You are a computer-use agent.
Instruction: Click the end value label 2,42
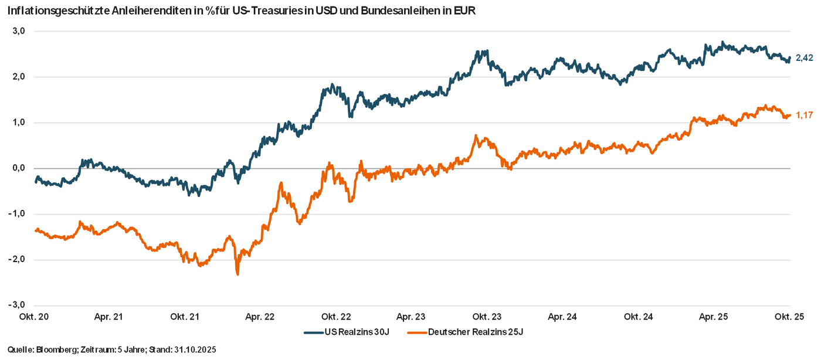tap(805, 58)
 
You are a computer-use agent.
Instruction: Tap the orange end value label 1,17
tap(805, 116)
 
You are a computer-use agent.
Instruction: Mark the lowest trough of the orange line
tap(238, 274)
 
